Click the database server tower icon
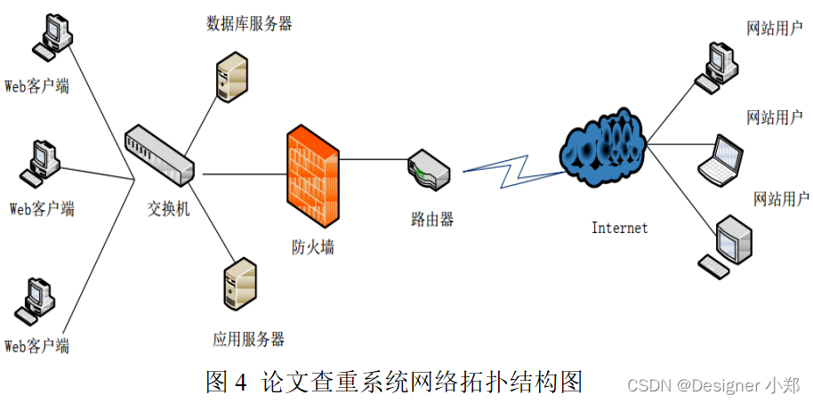pos(232,75)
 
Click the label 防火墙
pos(313,247)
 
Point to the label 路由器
pos(432,219)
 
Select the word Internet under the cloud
pos(620,228)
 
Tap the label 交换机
pos(169,210)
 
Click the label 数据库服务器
pos(249,24)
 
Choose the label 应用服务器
pos(248,339)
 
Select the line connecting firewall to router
pos(374,160)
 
